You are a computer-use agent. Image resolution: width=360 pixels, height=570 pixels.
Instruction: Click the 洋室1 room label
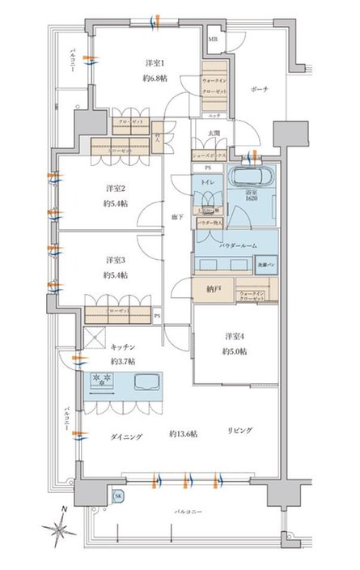(155, 63)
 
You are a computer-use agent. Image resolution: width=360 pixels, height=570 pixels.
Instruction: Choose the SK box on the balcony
(118, 496)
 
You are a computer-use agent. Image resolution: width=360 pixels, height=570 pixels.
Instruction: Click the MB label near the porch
(214, 39)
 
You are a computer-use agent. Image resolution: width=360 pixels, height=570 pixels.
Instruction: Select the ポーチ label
(259, 89)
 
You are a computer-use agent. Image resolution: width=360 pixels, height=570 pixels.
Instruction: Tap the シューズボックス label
(209, 154)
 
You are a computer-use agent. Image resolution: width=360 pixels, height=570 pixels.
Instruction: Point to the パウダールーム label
(237, 244)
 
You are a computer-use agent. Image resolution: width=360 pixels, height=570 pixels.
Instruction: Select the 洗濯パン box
(266, 264)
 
